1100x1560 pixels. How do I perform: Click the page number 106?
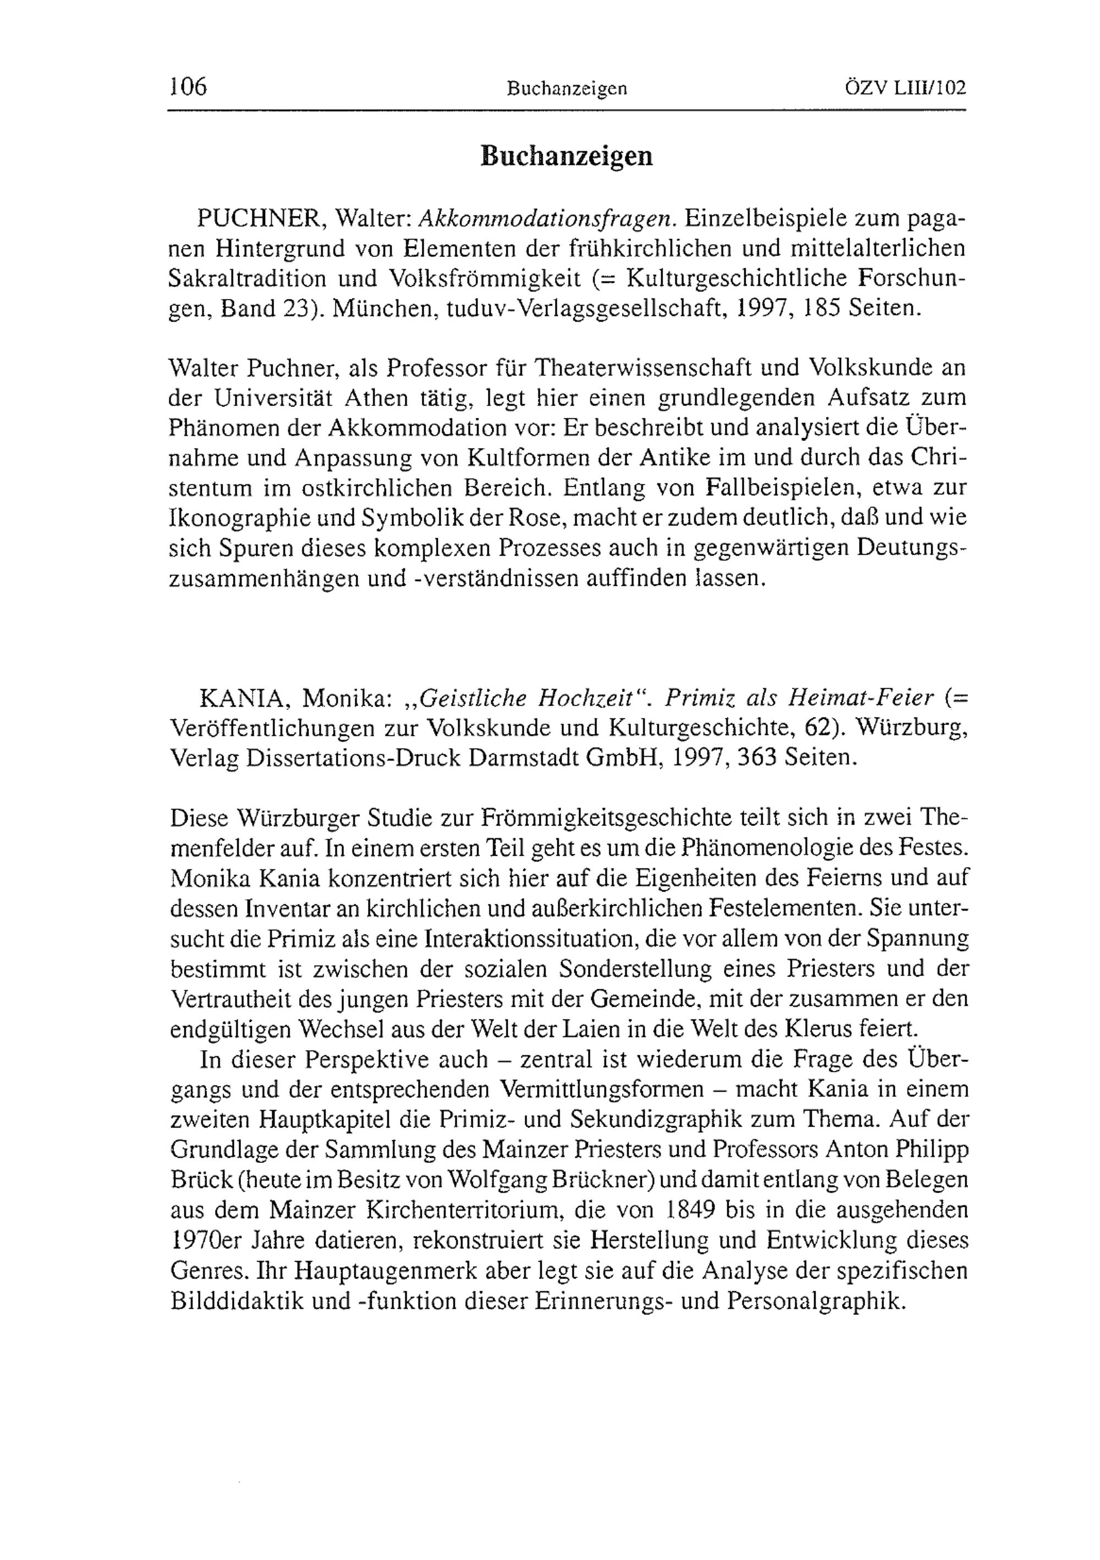coord(188,87)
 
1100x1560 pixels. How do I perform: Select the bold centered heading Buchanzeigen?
coord(566,156)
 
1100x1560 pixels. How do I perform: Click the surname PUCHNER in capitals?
coord(257,219)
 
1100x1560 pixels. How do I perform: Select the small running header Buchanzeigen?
coord(566,89)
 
